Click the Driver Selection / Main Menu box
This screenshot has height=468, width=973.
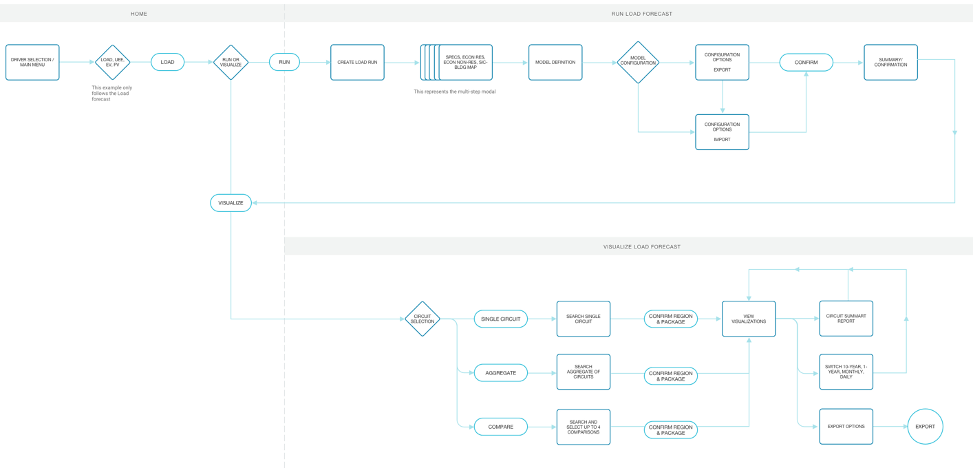click(32, 62)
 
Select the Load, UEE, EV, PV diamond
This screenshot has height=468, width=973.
click(112, 62)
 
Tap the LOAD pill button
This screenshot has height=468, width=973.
click(168, 62)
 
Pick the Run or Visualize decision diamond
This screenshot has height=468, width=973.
click(231, 62)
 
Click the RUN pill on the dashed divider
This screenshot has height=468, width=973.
click(284, 62)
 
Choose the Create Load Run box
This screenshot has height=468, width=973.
click(358, 62)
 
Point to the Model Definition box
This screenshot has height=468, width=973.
click(555, 62)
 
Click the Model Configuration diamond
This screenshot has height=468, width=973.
click(638, 62)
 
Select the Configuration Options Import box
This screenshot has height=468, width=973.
click(723, 132)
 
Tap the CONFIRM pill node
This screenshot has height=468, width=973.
click(806, 62)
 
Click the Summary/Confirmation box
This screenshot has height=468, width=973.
click(891, 62)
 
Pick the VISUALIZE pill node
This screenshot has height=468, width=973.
click(231, 203)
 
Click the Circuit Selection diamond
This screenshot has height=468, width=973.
click(423, 319)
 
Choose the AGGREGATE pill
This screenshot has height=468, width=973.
click(501, 373)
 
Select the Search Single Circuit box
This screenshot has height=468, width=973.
click(584, 319)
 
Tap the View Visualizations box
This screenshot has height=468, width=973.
click(749, 319)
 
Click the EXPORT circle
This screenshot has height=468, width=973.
click(926, 426)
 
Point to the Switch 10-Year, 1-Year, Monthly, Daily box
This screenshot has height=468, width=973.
click(846, 372)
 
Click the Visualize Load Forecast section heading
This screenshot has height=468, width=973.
click(642, 247)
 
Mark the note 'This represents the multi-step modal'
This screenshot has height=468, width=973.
click(455, 92)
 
